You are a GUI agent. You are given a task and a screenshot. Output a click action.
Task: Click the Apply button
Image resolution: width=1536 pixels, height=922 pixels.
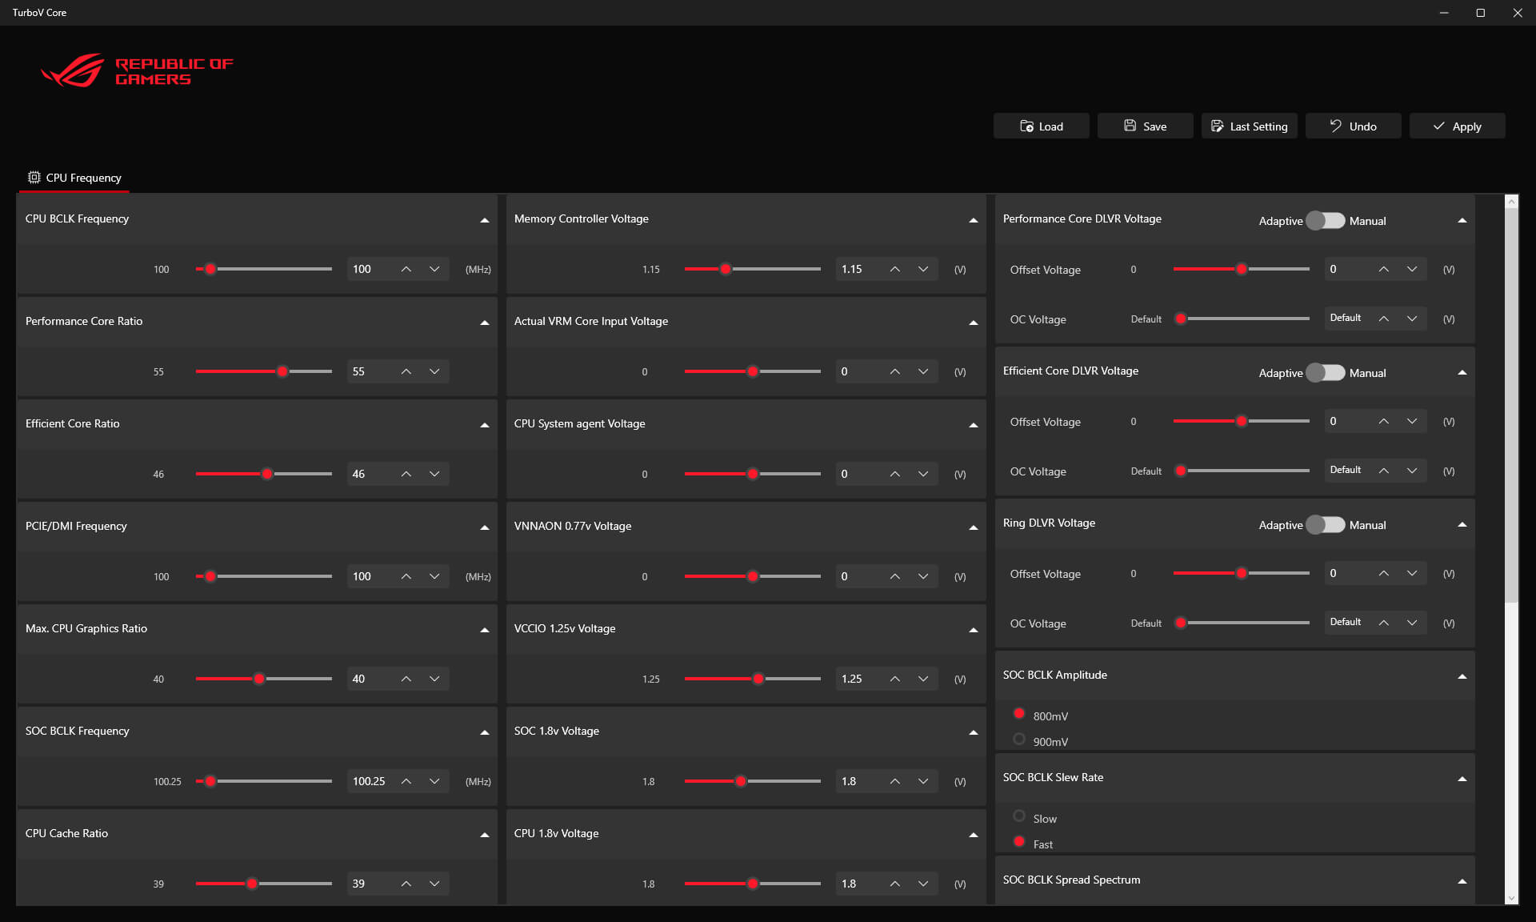(1457, 126)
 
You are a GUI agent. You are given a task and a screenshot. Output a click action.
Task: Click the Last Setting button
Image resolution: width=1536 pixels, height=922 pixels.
(1249, 126)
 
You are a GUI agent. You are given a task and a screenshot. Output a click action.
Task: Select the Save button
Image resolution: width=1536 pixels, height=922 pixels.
(1145, 126)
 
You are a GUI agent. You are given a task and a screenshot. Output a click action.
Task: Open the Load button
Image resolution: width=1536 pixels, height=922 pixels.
(1041, 126)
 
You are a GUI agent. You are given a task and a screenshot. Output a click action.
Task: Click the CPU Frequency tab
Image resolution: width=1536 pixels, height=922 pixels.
(74, 178)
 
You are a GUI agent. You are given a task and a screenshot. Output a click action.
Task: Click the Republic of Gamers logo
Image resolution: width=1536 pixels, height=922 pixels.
(136, 71)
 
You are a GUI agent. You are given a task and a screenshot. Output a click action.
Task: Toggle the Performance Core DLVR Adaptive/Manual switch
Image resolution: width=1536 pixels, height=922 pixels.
(1326, 221)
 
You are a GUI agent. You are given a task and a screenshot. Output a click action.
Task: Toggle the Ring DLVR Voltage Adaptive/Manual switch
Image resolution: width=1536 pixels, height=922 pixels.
(1326, 525)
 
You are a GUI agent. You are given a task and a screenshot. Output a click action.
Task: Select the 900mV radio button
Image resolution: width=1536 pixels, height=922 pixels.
(1019, 740)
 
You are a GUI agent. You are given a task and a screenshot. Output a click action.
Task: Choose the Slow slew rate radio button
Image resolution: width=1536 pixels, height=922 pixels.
(1019, 816)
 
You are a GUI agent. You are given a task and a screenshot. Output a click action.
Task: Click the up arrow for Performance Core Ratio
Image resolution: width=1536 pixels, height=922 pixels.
(406, 371)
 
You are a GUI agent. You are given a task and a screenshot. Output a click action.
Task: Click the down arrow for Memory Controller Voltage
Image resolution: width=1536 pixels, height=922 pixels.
(923, 269)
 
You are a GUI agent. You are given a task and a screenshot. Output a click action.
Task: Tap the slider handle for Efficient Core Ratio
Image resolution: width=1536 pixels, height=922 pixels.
(267, 474)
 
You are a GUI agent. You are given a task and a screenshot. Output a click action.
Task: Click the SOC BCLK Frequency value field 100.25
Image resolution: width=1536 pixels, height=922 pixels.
(370, 781)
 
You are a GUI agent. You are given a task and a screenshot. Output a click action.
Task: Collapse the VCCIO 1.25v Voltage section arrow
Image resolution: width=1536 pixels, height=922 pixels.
(973, 630)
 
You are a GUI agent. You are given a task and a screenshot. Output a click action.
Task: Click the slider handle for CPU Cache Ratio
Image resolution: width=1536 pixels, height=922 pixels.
(252, 884)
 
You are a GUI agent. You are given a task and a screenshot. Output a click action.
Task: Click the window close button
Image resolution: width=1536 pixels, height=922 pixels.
(1518, 13)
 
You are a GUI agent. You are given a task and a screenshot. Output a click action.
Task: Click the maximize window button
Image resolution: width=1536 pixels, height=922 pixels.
(1481, 13)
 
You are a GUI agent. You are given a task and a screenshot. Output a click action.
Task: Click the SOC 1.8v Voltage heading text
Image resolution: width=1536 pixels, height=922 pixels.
(556, 731)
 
